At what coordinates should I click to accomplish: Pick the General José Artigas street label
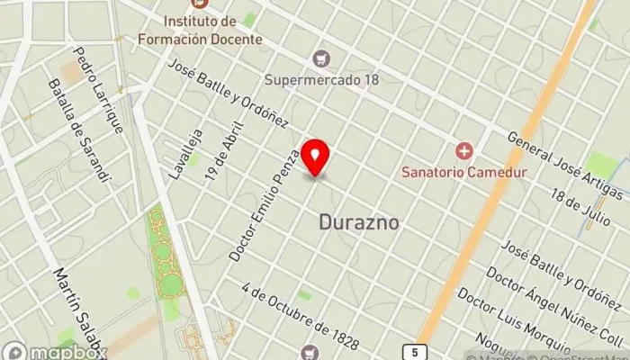coord(565,166)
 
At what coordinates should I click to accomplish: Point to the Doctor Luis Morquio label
coord(514,321)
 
